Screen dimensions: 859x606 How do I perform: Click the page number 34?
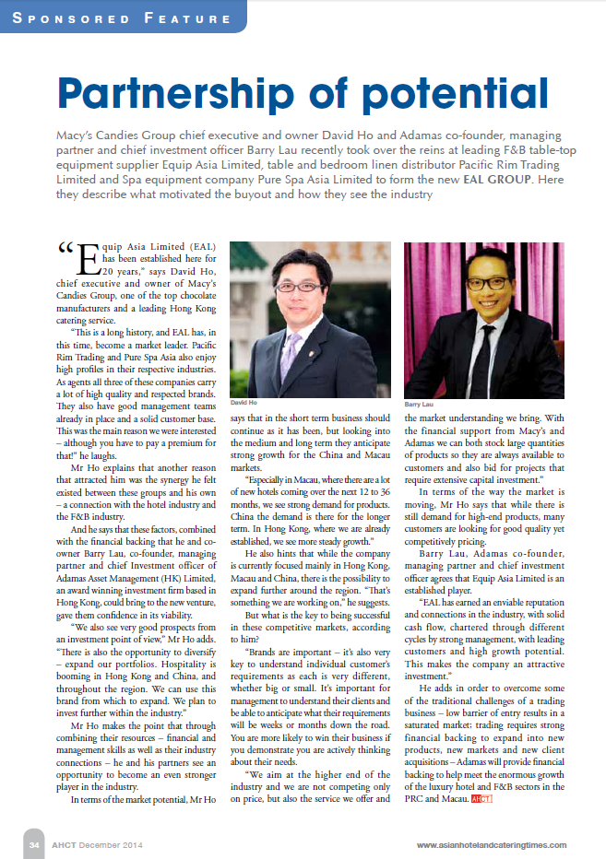pyautogui.click(x=33, y=844)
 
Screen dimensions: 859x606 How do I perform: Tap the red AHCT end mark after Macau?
pyautogui.click(x=481, y=799)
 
